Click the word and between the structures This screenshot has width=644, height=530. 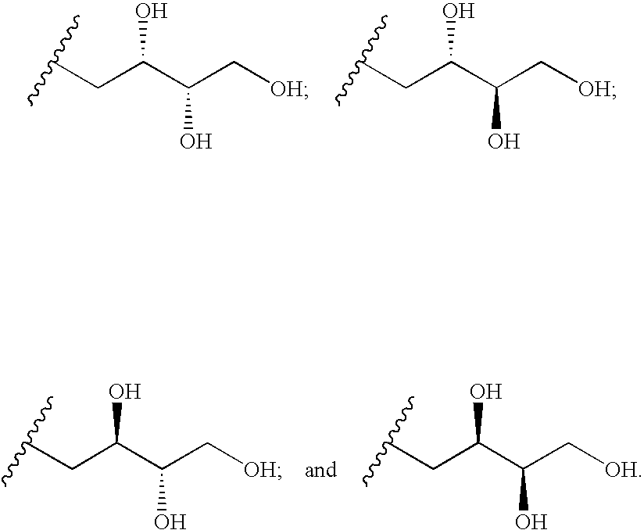tap(320, 471)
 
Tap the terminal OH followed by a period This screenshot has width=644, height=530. tap(623, 471)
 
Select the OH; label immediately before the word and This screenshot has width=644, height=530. tap(263, 471)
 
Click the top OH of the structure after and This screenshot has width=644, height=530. tap(485, 392)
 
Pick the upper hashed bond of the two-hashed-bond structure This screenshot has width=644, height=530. tap(144, 42)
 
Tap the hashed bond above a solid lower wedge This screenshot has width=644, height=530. tap(451, 42)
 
